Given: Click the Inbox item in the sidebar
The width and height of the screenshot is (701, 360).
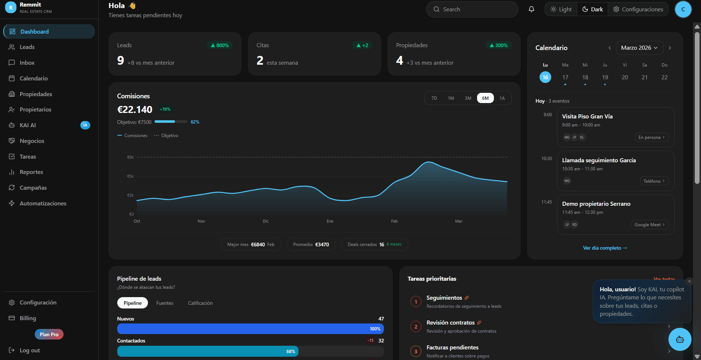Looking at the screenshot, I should [x=27, y=63].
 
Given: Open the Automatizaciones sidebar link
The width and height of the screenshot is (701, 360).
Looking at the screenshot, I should [x=43, y=204].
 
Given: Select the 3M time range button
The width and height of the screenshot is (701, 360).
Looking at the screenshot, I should [x=468, y=98].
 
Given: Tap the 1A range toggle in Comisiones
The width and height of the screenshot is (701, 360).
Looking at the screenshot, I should [x=502, y=98].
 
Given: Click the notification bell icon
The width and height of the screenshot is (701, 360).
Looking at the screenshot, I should [x=532, y=10].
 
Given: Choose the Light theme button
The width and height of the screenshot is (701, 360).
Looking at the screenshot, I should [x=561, y=10].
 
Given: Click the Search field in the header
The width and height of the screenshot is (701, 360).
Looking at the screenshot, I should [x=472, y=10].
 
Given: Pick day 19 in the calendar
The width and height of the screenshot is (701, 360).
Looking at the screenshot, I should [x=605, y=77].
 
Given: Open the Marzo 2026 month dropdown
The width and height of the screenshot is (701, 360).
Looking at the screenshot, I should [x=639, y=48].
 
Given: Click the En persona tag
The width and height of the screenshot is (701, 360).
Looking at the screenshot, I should [x=652, y=137].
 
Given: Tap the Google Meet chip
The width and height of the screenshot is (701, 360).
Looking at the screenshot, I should [x=649, y=225].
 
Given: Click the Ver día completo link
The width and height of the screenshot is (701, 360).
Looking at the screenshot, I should [x=605, y=248].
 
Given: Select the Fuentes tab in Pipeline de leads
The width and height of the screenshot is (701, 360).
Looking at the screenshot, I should [x=165, y=303].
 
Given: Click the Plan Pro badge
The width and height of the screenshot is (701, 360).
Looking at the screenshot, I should [x=49, y=334].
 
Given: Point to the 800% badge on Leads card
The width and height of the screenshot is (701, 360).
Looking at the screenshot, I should [x=220, y=45].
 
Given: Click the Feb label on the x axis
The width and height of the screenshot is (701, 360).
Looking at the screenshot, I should [x=394, y=221].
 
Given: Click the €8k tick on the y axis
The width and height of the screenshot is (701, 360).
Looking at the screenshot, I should [x=130, y=158].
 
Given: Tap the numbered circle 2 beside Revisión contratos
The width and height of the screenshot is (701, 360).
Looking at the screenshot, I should [x=416, y=327].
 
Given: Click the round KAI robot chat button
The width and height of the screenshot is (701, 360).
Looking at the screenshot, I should [x=679, y=340].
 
